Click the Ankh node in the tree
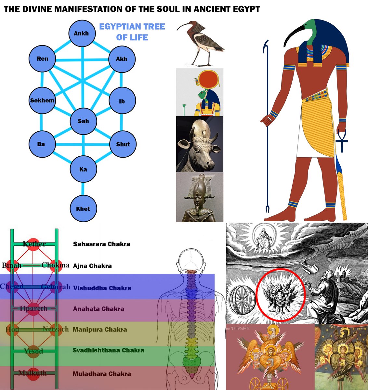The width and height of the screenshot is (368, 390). click(82, 33)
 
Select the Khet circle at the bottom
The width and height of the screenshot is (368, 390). click(83, 209)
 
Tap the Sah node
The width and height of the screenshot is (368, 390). click(83, 121)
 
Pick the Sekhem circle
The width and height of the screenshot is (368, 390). click(42, 100)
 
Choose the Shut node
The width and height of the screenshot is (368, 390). click(123, 144)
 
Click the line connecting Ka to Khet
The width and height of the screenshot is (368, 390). click(83, 189)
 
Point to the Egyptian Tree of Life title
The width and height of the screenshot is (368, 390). click(132, 32)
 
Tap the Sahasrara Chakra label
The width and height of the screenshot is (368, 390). click(101, 244)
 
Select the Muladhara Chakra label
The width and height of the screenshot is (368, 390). click(102, 374)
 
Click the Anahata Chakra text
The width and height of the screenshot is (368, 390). click(99, 309)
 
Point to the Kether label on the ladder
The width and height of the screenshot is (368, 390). click(34, 244)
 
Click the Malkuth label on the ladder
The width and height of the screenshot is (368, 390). click(32, 373)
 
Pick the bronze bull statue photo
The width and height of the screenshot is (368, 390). click(200, 144)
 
